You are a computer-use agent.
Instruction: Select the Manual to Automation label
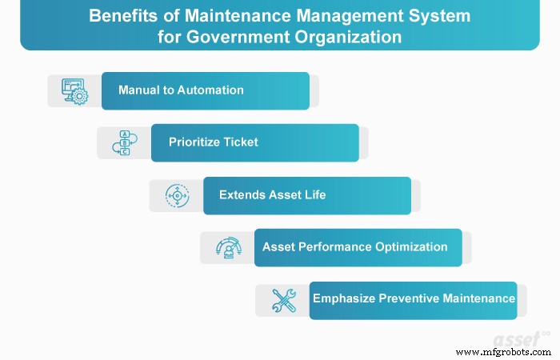click(181, 90)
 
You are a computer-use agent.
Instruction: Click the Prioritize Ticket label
click(214, 142)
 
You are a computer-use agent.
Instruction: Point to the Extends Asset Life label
click(272, 194)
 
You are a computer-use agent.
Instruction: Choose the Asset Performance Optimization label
click(355, 246)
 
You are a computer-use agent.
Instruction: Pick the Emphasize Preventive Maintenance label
click(414, 298)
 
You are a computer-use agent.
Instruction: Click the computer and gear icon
click(74, 91)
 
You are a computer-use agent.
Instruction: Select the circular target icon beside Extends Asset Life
click(176, 195)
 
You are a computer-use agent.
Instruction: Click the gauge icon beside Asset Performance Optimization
click(227, 247)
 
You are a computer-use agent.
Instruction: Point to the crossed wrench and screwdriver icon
click(283, 299)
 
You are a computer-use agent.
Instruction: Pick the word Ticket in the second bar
click(241, 142)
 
